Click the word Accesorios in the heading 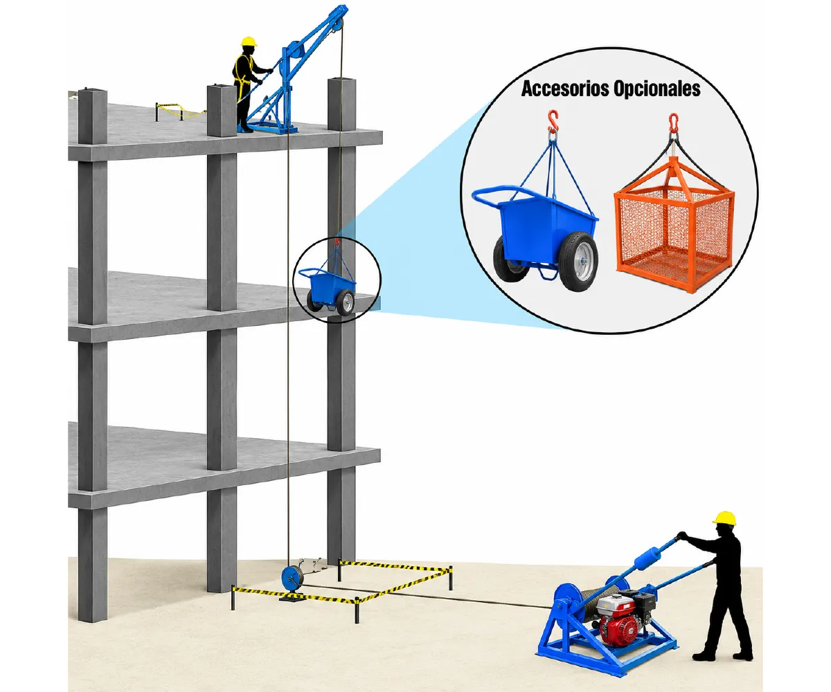(565, 89)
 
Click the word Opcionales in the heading (656, 89)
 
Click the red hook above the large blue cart (553, 121)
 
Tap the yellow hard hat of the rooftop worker (249, 42)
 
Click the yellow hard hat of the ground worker (724, 518)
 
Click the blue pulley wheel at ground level (292, 579)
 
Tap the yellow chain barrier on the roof (180, 111)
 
